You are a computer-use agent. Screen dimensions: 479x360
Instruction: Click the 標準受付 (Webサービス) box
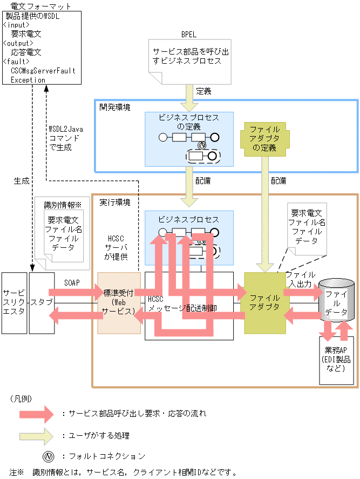119,302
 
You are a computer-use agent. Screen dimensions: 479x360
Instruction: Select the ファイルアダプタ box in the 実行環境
264,302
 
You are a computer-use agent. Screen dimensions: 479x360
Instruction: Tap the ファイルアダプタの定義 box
264,139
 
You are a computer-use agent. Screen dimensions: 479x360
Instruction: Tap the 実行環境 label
114,203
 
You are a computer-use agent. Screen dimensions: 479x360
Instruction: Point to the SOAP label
72,282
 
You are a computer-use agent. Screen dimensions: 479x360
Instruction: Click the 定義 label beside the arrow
203,91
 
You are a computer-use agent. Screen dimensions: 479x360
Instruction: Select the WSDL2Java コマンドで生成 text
65,139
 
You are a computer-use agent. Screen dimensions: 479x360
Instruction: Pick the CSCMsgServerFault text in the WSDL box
43,71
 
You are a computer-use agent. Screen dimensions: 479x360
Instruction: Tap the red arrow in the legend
36,414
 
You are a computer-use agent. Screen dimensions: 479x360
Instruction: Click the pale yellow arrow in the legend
36,435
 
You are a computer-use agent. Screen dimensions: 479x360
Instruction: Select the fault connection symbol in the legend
48,456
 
